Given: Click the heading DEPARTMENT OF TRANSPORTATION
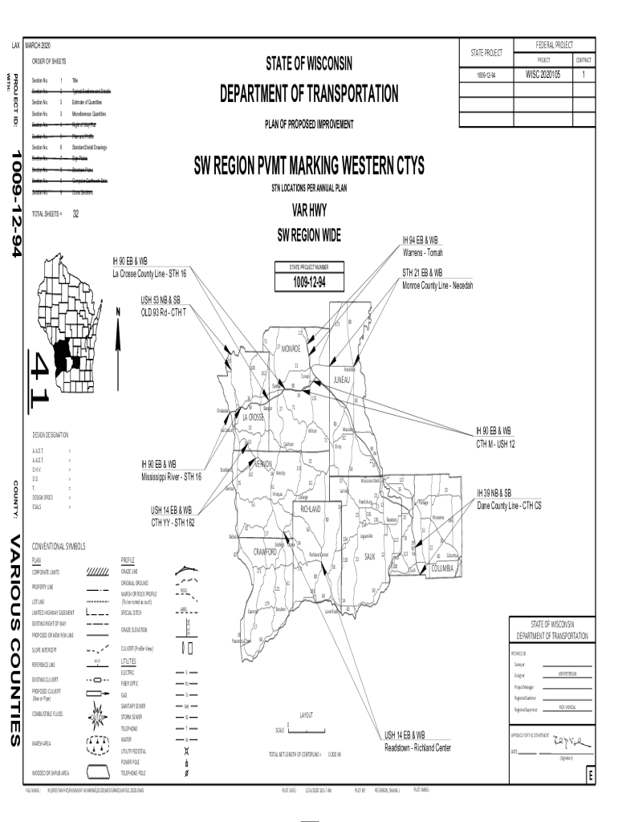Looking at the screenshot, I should pyautogui.click(x=308, y=95).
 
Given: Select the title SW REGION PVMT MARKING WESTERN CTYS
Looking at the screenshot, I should pyautogui.click(x=309, y=168).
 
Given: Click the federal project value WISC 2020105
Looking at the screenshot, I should pyautogui.click(x=543, y=75).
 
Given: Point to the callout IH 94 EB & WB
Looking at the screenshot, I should pyautogui.click(x=421, y=240).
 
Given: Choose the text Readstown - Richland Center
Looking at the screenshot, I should pyautogui.click(x=417, y=747).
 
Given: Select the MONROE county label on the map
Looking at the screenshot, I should pyautogui.click(x=291, y=348).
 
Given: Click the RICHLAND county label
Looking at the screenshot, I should pyautogui.click(x=311, y=509).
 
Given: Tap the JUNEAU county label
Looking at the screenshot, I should pyautogui.click(x=342, y=380).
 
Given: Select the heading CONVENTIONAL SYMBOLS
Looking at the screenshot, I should pyautogui.click(x=58, y=547).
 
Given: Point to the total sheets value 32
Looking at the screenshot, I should pyautogui.click(x=75, y=214).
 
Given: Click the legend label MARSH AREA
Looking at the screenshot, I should pyautogui.click(x=44, y=743).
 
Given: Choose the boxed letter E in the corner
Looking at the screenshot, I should pyautogui.click(x=590, y=777).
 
